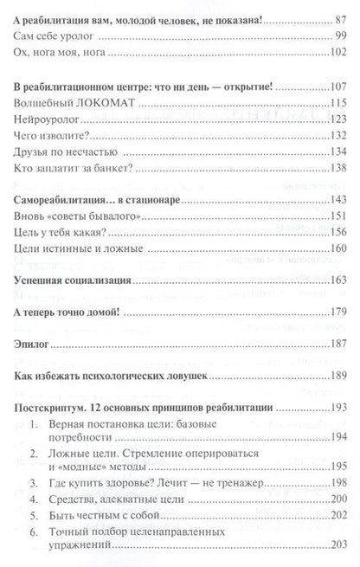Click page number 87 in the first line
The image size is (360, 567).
point(335,16)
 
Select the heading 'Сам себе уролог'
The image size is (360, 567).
point(55,36)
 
